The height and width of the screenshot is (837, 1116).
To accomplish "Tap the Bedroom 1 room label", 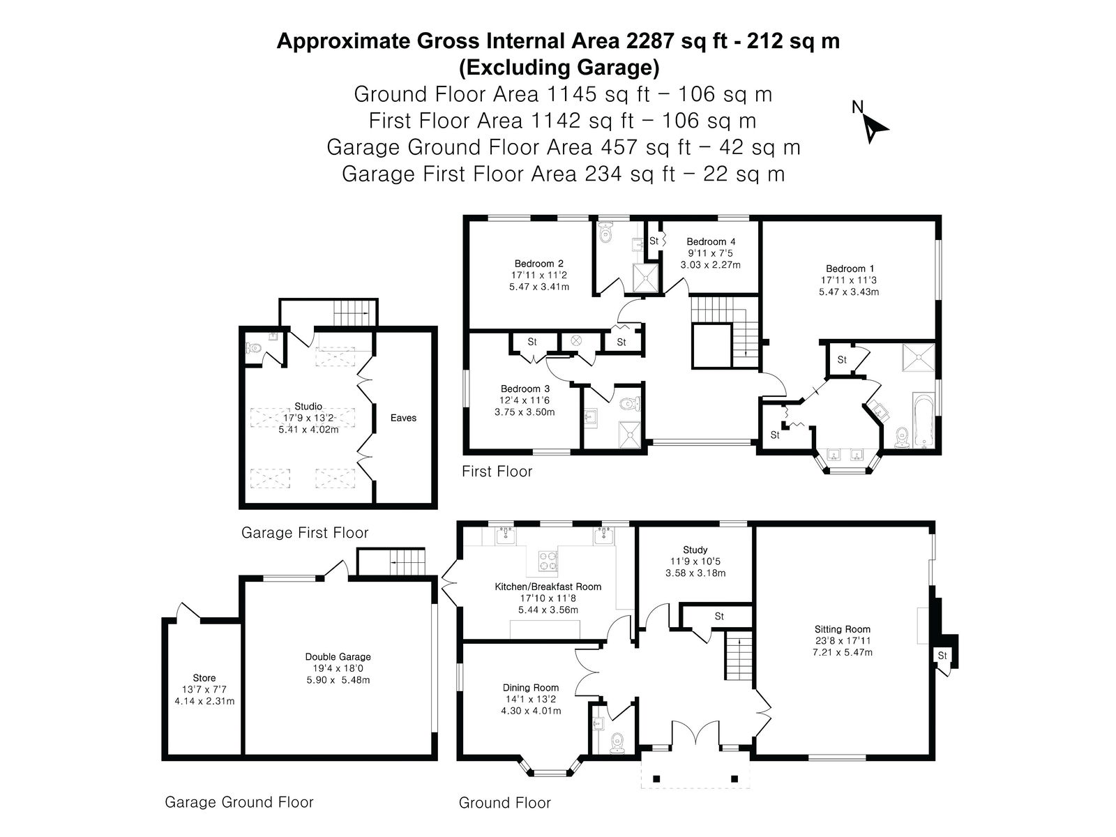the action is tap(849, 269).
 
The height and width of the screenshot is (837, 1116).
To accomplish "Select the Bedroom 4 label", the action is tap(710, 241).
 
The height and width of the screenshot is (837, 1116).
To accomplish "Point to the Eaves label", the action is tap(403, 418).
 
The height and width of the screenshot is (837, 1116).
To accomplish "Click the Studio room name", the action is tap(308, 406).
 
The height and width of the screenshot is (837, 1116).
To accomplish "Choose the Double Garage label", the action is tap(338, 656).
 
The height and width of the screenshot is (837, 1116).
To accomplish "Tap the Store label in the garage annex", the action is tap(204, 678).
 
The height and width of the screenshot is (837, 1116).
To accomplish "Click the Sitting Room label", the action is tap(842, 629).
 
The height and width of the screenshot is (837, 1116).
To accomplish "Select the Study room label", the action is tap(695, 550).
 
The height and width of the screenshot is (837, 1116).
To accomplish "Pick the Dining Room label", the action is tap(530, 688).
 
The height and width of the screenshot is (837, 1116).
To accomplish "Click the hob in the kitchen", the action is tap(548, 561).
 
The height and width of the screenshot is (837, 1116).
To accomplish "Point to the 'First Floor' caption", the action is tap(497, 471).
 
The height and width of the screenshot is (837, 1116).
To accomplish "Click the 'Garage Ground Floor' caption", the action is tap(239, 802).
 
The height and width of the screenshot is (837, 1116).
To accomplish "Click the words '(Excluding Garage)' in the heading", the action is tap(559, 68).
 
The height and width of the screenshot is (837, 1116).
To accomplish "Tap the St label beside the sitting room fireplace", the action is tap(942, 656).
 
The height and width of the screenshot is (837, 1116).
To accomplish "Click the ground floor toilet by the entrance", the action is tap(618, 742).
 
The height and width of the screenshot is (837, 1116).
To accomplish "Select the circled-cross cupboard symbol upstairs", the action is tap(576, 341).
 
